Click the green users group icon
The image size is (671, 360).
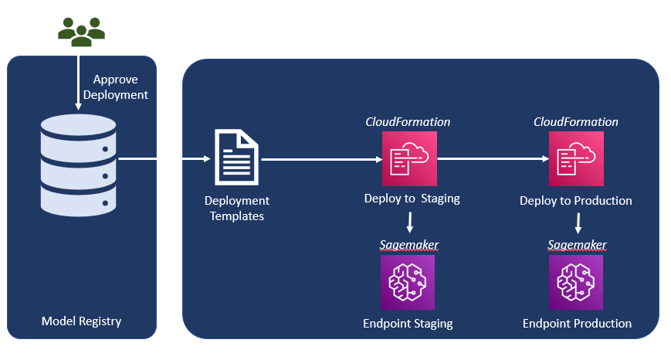click(81, 30)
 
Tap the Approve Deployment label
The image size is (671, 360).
click(120, 87)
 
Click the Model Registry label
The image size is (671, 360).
click(81, 321)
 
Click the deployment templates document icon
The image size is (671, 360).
click(236, 158)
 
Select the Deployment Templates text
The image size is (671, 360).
click(236, 209)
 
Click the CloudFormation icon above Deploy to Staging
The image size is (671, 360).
click(409, 158)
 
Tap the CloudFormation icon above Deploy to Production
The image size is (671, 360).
click(576, 158)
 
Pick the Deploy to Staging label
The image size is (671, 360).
click(412, 199)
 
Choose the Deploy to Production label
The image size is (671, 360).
click(576, 201)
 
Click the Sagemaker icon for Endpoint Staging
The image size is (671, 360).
click(408, 282)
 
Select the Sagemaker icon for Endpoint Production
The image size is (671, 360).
click(576, 282)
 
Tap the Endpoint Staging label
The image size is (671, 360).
click(408, 323)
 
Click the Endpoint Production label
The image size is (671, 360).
click(577, 323)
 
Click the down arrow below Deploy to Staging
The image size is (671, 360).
click(409, 222)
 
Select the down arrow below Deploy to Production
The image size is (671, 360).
click(578, 224)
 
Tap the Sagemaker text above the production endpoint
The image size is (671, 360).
click(577, 245)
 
